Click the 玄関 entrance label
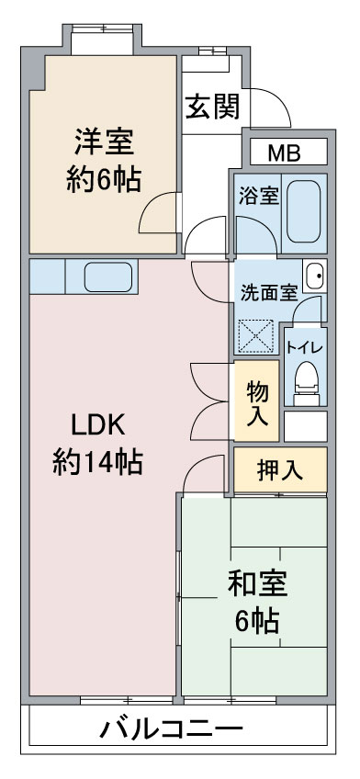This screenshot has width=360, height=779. pyautogui.click(x=212, y=106)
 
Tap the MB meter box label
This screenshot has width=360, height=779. pyautogui.click(x=285, y=153)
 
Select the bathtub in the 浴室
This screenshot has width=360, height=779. pyautogui.click(x=303, y=211)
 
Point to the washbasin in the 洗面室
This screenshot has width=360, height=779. pyautogui.click(x=315, y=277)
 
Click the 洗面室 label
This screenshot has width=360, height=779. pyautogui.click(x=269, y=293)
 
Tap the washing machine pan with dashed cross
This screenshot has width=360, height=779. pyautogui.click(x=255, y=335)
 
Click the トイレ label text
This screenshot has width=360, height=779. pyautogui.click(x=306, y=346)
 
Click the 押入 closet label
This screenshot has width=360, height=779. pyautogui.click(x=280, y=470)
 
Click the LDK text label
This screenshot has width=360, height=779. pyautogui.click(x=97, y=424)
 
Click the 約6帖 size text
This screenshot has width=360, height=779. pyautogui.click(x=104, y=180)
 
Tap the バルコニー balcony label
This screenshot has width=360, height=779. pyautogui.click(x=172, y=729)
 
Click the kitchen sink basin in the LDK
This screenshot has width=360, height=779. pyautogui.click(x=108, y=277)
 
